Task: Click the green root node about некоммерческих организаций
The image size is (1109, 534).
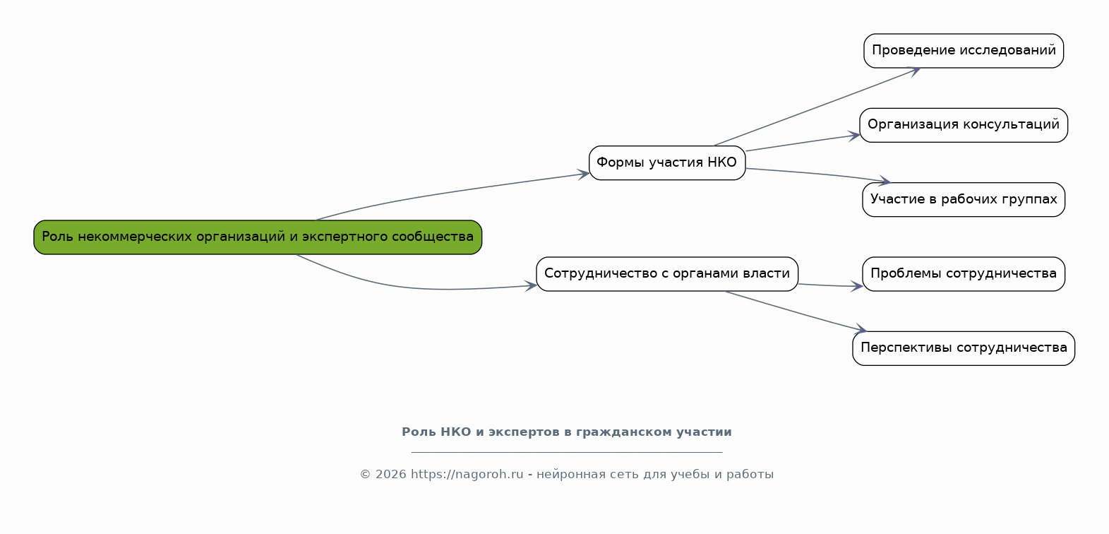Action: (258, 237)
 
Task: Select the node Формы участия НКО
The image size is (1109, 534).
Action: (667, 163)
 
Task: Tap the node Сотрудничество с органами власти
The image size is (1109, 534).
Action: (667, 274)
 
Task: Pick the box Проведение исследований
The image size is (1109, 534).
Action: (964, 51)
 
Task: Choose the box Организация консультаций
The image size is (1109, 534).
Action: (964, 125)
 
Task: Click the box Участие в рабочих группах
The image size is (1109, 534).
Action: (964, 200)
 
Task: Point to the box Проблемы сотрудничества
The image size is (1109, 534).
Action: (964, 274)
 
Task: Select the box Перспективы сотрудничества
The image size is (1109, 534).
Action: (964, 348)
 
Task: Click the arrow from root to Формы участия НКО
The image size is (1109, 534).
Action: (452, 192)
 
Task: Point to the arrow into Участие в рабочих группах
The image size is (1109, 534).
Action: (819, 174)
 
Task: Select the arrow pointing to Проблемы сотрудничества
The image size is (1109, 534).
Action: (829, 285)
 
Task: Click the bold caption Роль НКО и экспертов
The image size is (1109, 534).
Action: (566, 432)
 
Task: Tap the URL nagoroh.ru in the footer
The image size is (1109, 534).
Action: (467, 475)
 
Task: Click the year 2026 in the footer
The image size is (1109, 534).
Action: (390, 475)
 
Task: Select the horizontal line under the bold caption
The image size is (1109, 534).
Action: (566, 452)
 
